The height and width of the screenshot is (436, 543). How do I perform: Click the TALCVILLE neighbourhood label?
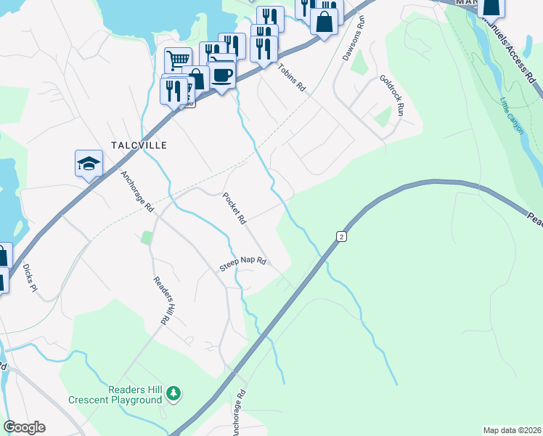(x=139, y=145)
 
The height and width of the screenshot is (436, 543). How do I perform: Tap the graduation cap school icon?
(x=89, y=163)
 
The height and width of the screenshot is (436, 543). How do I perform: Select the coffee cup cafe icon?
(x=221, y=75)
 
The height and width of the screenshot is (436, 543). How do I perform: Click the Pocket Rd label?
(x=234, y=208)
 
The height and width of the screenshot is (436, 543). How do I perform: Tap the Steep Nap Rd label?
(x=243, y=265)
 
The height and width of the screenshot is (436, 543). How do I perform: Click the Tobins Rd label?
(x=292, y=77)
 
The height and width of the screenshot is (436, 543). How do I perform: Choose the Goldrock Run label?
(x=391, y=95)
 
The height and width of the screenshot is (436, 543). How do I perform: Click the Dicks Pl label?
(x=29, y=277)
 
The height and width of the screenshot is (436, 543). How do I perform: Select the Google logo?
(x=24, y=427)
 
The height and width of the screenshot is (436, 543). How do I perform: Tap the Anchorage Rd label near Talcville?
(x=137, y=191)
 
